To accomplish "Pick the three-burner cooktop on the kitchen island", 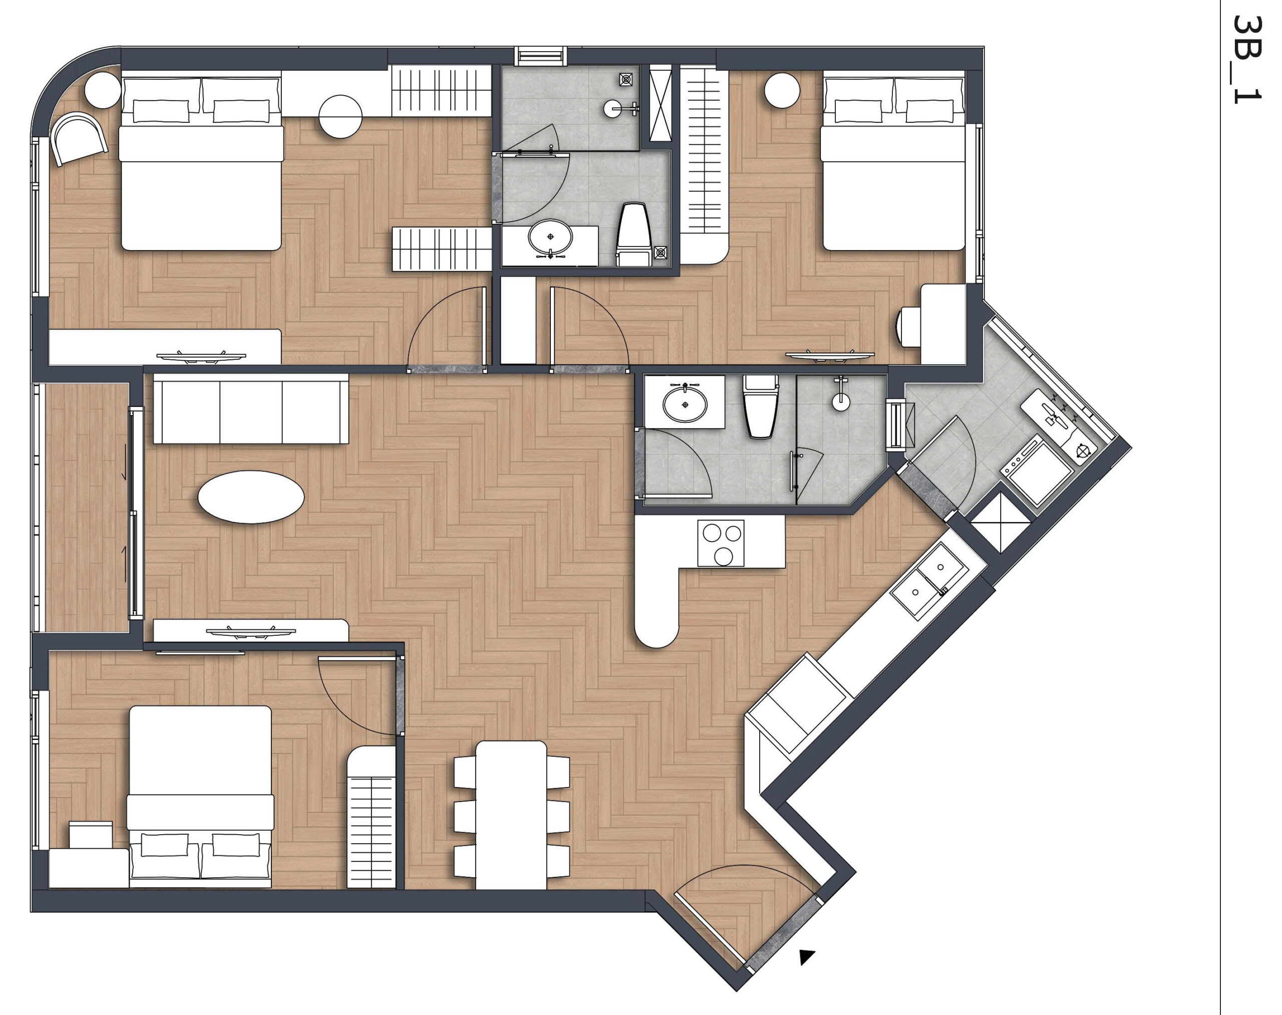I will [x=721, y=543].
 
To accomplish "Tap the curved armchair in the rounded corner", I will [x=79, y=138].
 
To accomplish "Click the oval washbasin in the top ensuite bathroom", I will [x=550, y=236].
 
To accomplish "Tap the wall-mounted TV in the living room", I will [x=251, y=631].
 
